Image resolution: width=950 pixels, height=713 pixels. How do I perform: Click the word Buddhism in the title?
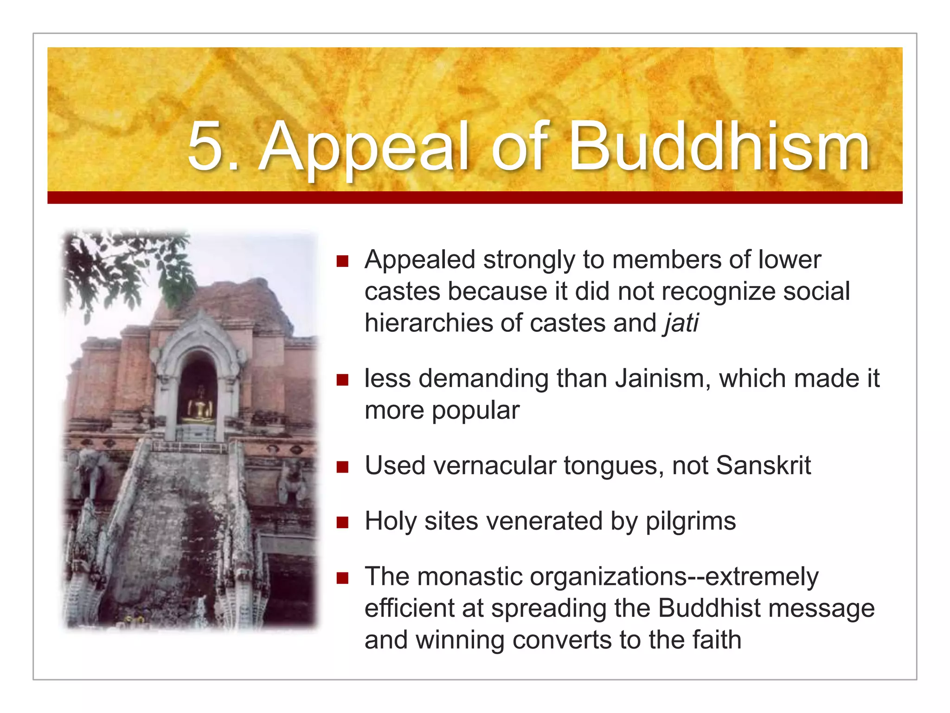pos(719,148)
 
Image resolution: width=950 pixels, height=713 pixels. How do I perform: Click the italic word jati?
pos(681,323)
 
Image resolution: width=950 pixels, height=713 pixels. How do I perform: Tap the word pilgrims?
pos(691,521)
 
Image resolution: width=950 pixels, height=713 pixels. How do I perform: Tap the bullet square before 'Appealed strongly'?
pos(342,261)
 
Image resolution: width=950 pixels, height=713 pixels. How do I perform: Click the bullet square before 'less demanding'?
pos(342,380)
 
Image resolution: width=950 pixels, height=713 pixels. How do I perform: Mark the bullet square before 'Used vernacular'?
pos(342,467)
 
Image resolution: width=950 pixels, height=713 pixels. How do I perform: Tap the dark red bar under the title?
pos(475,197)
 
